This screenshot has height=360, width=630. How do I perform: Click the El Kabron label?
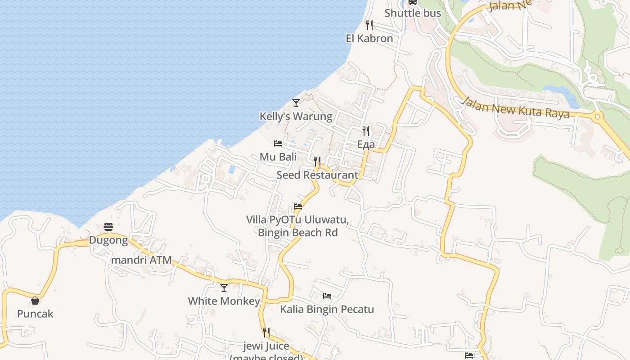pos(369,38)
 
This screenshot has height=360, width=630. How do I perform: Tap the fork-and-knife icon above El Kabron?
pos(369,24)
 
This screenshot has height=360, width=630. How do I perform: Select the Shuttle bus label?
pos(413,13)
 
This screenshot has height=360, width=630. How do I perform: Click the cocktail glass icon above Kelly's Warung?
pos(296,103)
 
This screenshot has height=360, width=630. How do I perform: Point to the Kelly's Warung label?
pos(296,117)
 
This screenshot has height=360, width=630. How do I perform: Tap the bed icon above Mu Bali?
pos(278,144)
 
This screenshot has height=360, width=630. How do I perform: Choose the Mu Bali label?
pos(278,157)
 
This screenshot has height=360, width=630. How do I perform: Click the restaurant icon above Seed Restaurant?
pos(317,161)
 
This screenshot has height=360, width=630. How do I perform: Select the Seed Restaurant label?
pos(317,175)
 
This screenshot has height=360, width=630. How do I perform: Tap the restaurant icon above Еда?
pos(366,131)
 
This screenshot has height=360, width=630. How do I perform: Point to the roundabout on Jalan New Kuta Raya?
pos(597,117)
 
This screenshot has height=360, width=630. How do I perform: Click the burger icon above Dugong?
pos(108,226)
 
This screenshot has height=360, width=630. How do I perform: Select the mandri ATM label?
pos(141,260)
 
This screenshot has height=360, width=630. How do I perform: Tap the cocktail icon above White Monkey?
pos(224,288)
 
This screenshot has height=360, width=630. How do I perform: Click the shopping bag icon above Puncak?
pos(35,301)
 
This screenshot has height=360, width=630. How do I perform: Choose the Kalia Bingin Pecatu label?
pos(327,309)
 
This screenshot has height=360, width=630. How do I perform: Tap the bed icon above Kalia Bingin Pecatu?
pos(327,296)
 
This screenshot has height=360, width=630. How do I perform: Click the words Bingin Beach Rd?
pos(297,233)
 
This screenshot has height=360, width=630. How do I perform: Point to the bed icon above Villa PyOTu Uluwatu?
pos(298,207)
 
